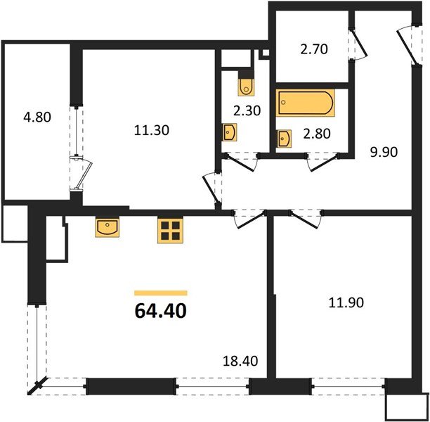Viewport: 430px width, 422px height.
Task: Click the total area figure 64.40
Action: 160,310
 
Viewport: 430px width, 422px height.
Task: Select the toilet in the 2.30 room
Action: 247,86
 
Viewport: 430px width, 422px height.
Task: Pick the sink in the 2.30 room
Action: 230,132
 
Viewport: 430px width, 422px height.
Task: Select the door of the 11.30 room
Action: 209,186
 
